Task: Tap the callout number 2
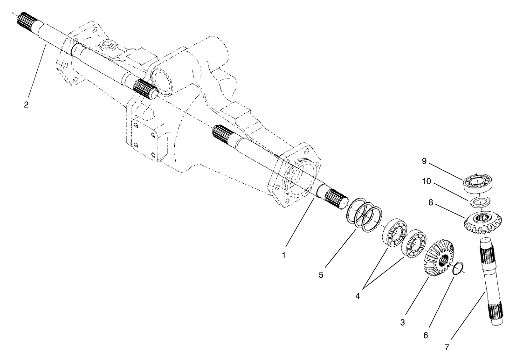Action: tap(26, 104)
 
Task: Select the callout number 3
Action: tap(403, 322)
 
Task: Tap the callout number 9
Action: tap(424, 161)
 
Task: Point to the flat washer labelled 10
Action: tap(479, 201)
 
